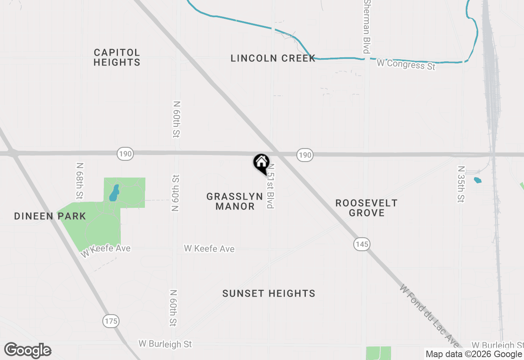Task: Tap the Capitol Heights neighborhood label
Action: point(117,57)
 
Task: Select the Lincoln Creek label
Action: point(273,58)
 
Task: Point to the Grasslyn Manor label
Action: point(235,201)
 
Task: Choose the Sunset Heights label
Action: point(269,293)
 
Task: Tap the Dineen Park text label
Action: point(50,216)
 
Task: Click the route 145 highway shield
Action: point(362,244)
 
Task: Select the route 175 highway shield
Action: point(111,321)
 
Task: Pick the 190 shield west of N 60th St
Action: point(125,154)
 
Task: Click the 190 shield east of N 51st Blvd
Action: point(305,155)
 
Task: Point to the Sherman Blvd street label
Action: point(367,27)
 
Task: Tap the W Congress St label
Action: point(406,64)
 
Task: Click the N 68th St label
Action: point(80,180)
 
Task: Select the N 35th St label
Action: point(461,184)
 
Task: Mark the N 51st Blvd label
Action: point(270,187)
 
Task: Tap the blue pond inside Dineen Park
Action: point(114,193)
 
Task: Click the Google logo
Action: point(27,350)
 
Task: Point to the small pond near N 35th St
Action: point(477,180)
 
